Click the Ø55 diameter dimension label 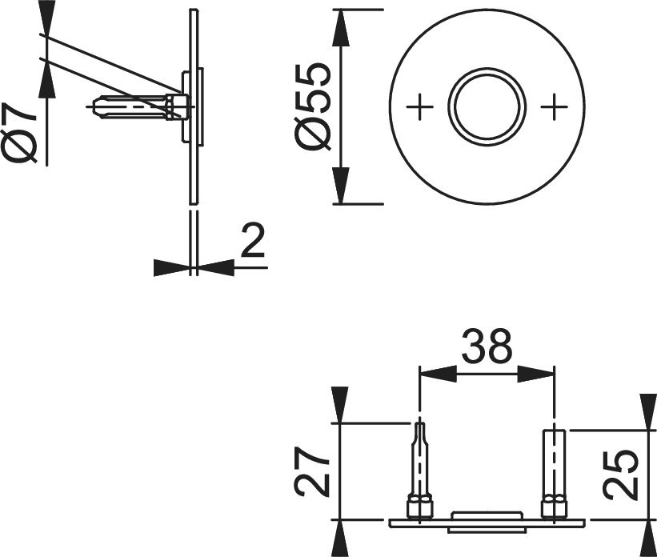point(313,106)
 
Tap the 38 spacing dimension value point(487,347)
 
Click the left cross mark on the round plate point(420,106)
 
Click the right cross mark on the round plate point(554,106)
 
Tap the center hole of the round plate point(487,106)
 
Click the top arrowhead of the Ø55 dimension point(340,28)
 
